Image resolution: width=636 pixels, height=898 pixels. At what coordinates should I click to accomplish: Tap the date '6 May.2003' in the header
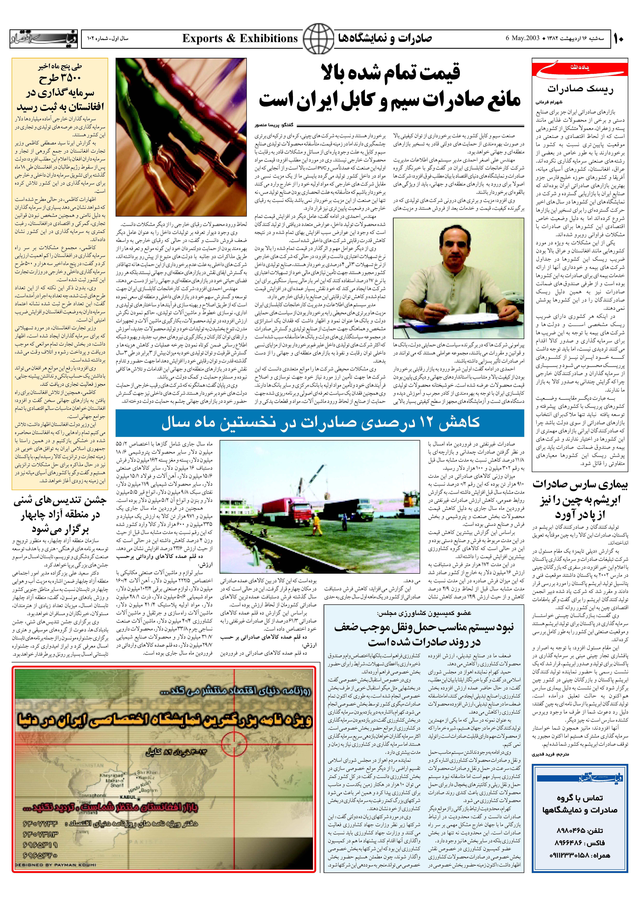pyautogui.click(x=522, y=38)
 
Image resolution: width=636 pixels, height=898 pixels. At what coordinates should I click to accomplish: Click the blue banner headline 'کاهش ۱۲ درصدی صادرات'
pyautogui.click(x=320, y=422)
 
